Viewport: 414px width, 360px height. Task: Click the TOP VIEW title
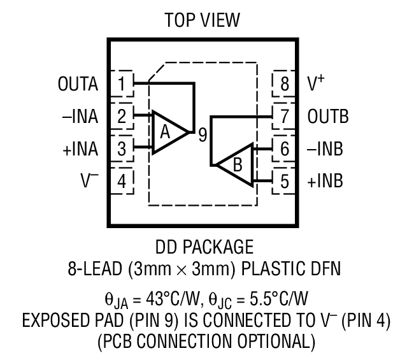[203, 20]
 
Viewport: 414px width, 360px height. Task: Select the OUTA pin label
[78, 83]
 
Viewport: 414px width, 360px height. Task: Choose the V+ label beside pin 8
[317, 83]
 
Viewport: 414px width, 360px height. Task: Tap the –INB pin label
[325, 150]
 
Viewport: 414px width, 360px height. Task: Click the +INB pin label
[325, 181]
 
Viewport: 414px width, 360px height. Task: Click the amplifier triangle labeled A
[168, 133]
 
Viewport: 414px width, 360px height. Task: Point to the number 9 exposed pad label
[201, 134]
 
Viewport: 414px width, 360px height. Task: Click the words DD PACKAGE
[204, 247]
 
